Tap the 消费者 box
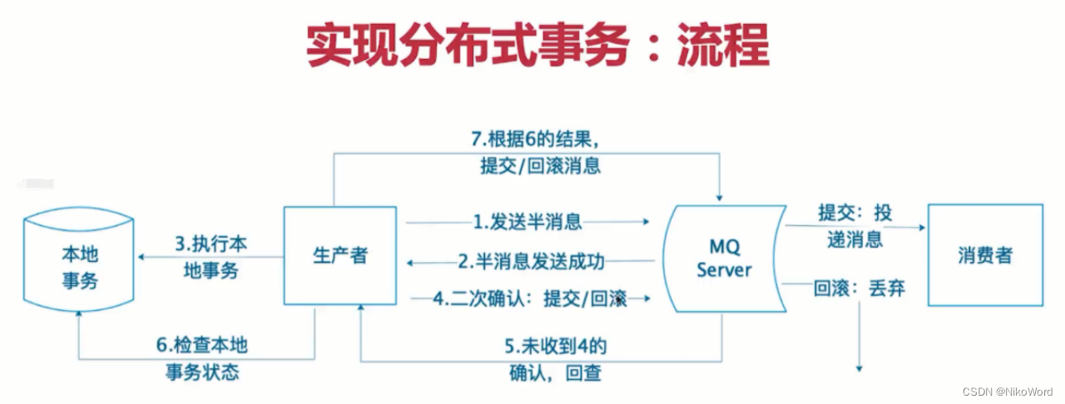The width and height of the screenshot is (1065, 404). click(984, 254)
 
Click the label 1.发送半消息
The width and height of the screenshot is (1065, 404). click(527, 222)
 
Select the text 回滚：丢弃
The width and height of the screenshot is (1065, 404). click(859, 289)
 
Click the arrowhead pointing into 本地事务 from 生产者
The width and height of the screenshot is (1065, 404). click(142, 257)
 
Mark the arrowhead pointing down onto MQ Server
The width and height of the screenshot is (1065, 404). click(720, 195)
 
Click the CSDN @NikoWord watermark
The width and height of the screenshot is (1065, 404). click(1008, 392)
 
